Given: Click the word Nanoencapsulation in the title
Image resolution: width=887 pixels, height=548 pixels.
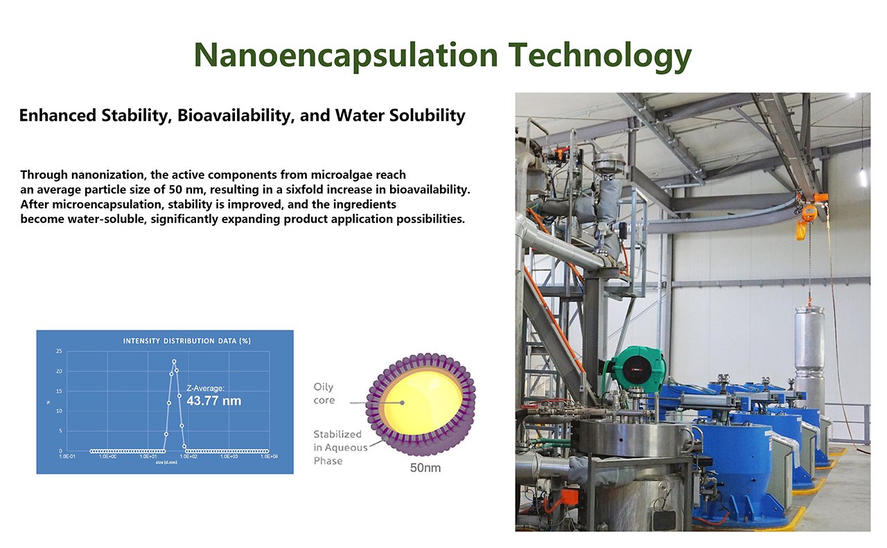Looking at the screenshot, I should [x=346, y=55].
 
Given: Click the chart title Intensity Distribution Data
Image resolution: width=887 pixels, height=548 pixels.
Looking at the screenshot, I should [x=186, y=341].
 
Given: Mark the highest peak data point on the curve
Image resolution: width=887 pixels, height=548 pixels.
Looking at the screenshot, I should [x=174, y=361].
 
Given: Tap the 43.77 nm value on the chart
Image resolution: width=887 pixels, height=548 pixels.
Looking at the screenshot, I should [x=214, y=400].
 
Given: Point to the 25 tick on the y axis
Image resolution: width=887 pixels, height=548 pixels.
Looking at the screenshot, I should [x=59, y=352].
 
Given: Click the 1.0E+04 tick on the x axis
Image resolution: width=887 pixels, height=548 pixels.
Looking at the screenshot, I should [x=269, y=457].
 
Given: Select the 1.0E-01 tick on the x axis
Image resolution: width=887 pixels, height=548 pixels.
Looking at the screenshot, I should [x=67, y=457].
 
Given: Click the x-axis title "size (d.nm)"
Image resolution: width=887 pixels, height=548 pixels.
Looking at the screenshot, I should [x=166, y=462].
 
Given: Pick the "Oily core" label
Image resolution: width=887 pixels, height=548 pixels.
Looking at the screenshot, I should [x=324, y=394].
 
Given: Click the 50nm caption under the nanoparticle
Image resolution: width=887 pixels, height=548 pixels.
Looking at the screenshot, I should [x=425, y=468].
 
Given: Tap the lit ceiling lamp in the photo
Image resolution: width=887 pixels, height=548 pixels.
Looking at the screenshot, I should [x=863, y=177].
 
